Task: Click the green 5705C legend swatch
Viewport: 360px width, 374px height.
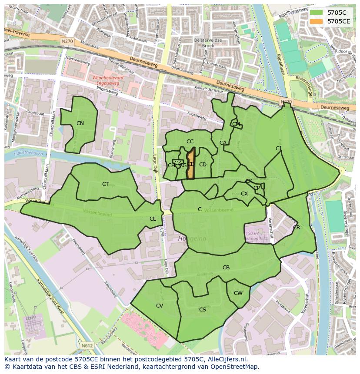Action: point(316,13)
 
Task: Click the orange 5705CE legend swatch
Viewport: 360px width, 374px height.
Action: point(316,21)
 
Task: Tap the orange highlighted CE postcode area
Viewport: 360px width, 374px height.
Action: point(190,164)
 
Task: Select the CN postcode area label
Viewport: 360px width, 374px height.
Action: point(80,123)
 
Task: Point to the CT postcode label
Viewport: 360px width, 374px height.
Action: point(105,184)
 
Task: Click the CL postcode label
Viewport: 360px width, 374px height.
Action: point(153,219)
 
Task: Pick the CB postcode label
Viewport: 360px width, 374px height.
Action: point(226,268)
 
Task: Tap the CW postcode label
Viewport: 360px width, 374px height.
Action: point(238,293)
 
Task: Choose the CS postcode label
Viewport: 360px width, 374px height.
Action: point(203,310)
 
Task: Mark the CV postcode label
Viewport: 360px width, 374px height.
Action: point(160,306)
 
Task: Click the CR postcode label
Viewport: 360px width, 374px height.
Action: point(297,228)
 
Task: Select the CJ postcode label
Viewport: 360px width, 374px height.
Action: point(279,149)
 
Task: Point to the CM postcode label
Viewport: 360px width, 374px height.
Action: point(236,124)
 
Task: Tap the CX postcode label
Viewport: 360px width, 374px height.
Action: point(244,194)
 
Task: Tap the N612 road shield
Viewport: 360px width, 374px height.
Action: point(87,345)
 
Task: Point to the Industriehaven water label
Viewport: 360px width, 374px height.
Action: point(28,153)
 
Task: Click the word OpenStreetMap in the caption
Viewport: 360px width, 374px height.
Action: point(235,367)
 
